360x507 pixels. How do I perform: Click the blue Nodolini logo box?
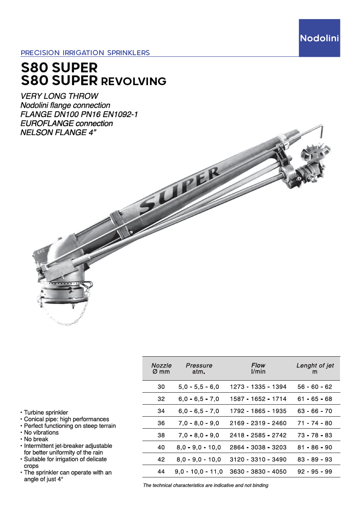[x=319, y=38]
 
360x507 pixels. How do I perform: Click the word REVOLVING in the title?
[x=134, y=82]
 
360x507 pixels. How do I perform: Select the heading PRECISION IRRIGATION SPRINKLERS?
[x=85, y=53]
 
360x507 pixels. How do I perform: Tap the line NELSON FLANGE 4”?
[x=59, y=132]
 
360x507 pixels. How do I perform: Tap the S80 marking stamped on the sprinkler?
[x=41, y=252]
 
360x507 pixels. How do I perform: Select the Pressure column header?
[x=199, y=368]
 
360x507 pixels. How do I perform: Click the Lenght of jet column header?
[x=315, y=368]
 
